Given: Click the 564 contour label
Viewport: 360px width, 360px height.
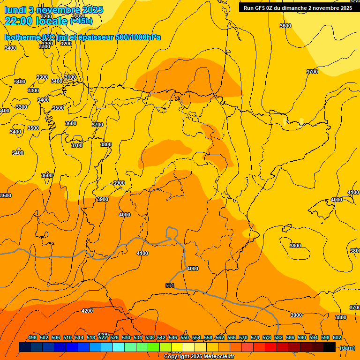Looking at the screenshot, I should pos(170,285).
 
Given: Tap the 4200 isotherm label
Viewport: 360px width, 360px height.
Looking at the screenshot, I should pos(87,311).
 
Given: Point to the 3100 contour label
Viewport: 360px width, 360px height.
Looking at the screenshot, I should pos(70,77).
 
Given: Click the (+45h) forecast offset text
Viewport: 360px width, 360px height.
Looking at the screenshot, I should pos(82,21).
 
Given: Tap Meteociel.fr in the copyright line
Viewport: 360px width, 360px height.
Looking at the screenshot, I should pos(216,357).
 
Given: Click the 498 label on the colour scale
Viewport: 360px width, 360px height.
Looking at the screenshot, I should pos(32,337).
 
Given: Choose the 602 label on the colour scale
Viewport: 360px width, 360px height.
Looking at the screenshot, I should pos(337,337).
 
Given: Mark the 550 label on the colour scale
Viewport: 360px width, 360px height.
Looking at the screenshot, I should pos(185,337).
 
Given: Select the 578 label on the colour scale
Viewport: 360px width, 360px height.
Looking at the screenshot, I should pos(267,337).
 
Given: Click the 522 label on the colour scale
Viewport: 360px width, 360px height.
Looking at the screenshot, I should pos(103,337).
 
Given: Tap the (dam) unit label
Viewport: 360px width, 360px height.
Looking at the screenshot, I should pos(347,348).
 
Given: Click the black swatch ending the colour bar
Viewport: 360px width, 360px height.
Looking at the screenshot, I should pos(330,347).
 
